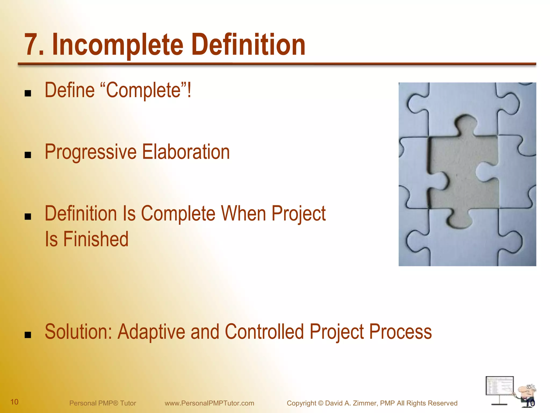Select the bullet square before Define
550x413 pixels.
point(28,93)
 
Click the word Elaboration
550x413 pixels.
point(186,152)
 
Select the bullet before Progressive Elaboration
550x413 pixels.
point(28,155)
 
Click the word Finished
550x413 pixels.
point(96,239)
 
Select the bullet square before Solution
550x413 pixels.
point(28,335)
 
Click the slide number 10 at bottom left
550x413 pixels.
point(14,402)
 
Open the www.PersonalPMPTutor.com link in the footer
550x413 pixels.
point(209,403)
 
